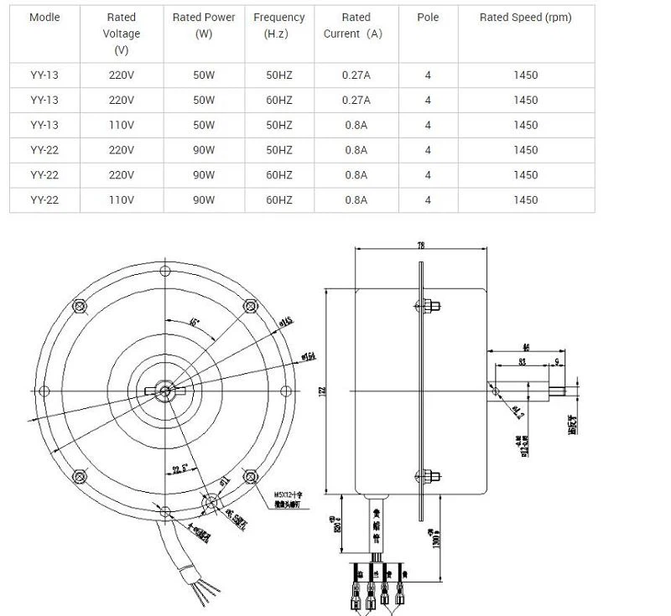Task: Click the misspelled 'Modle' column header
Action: tap(44, 18)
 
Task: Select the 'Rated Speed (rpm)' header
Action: tap(525, 18)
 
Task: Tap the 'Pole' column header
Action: tap(428, 18)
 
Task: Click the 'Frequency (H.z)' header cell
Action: tap(279, 25)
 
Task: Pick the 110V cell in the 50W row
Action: tap(122, 125)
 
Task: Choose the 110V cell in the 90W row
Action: tap(122, 200)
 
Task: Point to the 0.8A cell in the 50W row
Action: tap(356, 125)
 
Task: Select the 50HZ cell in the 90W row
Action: tap(279, 150)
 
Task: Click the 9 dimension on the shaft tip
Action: tap(558, 362)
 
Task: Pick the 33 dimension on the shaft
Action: tap(522, 362)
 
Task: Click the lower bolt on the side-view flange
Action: tap(428, 478)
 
